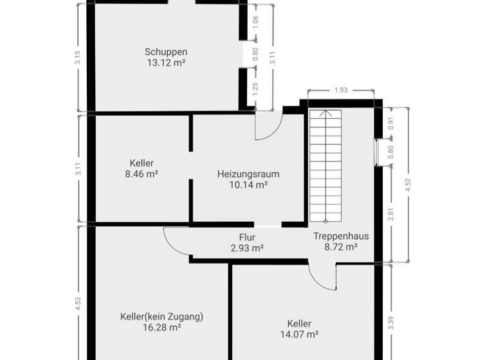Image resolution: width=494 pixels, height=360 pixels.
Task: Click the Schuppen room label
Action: point(166,51)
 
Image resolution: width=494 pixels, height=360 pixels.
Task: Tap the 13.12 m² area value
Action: point(166,63)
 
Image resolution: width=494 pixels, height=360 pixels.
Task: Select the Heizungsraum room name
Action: point(248,174)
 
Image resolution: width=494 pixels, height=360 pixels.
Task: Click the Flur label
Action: point(247,237)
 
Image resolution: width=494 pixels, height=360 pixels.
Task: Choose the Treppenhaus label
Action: point(341,236)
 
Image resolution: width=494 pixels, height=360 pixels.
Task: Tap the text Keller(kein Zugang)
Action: point(161,316)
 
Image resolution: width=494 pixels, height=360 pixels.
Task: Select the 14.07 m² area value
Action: point(300,334)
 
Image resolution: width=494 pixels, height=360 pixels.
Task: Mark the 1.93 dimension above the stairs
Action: point(341,91)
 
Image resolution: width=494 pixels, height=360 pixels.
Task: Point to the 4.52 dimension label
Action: point(407,185)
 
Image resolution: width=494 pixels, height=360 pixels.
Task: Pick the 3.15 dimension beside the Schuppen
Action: point(78,57)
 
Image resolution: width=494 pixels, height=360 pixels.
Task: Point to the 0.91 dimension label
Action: point(390,122)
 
